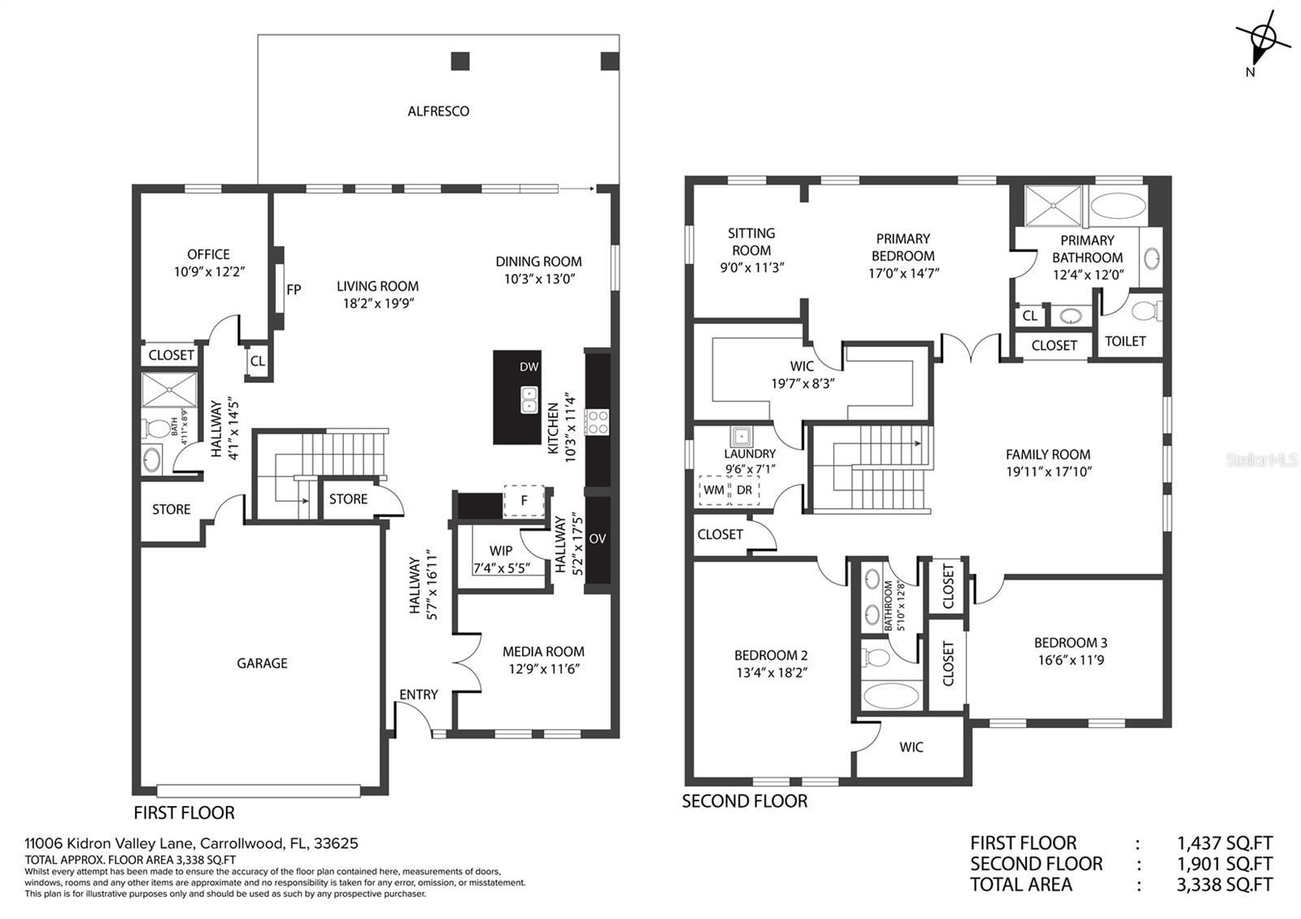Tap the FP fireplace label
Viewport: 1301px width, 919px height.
[294, 290]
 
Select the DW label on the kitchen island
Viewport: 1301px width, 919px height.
[529, 367]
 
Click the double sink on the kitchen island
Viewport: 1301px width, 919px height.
[529, 399]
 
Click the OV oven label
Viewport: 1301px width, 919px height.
[598, 538]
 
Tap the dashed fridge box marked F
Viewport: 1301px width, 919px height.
[524, 501]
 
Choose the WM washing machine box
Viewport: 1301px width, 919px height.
[714, 490]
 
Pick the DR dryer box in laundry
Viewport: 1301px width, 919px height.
[744, 490]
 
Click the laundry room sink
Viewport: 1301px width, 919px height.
[741, 436]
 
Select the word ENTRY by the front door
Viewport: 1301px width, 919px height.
[418, 695]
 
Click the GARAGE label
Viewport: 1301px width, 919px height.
[262, 663]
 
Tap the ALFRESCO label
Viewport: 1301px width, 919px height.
[438, 111]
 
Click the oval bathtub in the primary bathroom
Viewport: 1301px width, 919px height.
[1118, 206]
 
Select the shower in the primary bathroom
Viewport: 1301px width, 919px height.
[1054, 206]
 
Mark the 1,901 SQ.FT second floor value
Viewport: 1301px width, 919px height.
[1225, 864]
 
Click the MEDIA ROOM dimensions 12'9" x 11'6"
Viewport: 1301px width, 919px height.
[544, 669]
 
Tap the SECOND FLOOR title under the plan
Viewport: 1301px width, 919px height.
[745, 801]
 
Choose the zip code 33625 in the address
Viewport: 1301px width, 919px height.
[337, 843]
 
